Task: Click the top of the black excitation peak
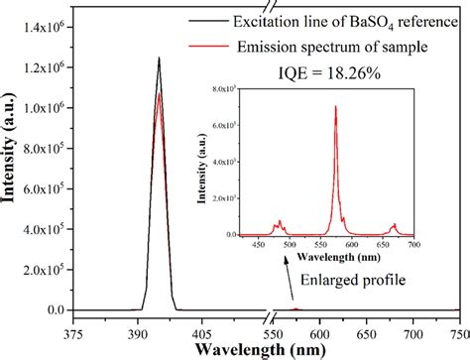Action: (159, 58)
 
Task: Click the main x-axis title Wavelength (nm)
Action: (264, 350)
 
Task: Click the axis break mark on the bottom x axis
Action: (269, 318)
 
